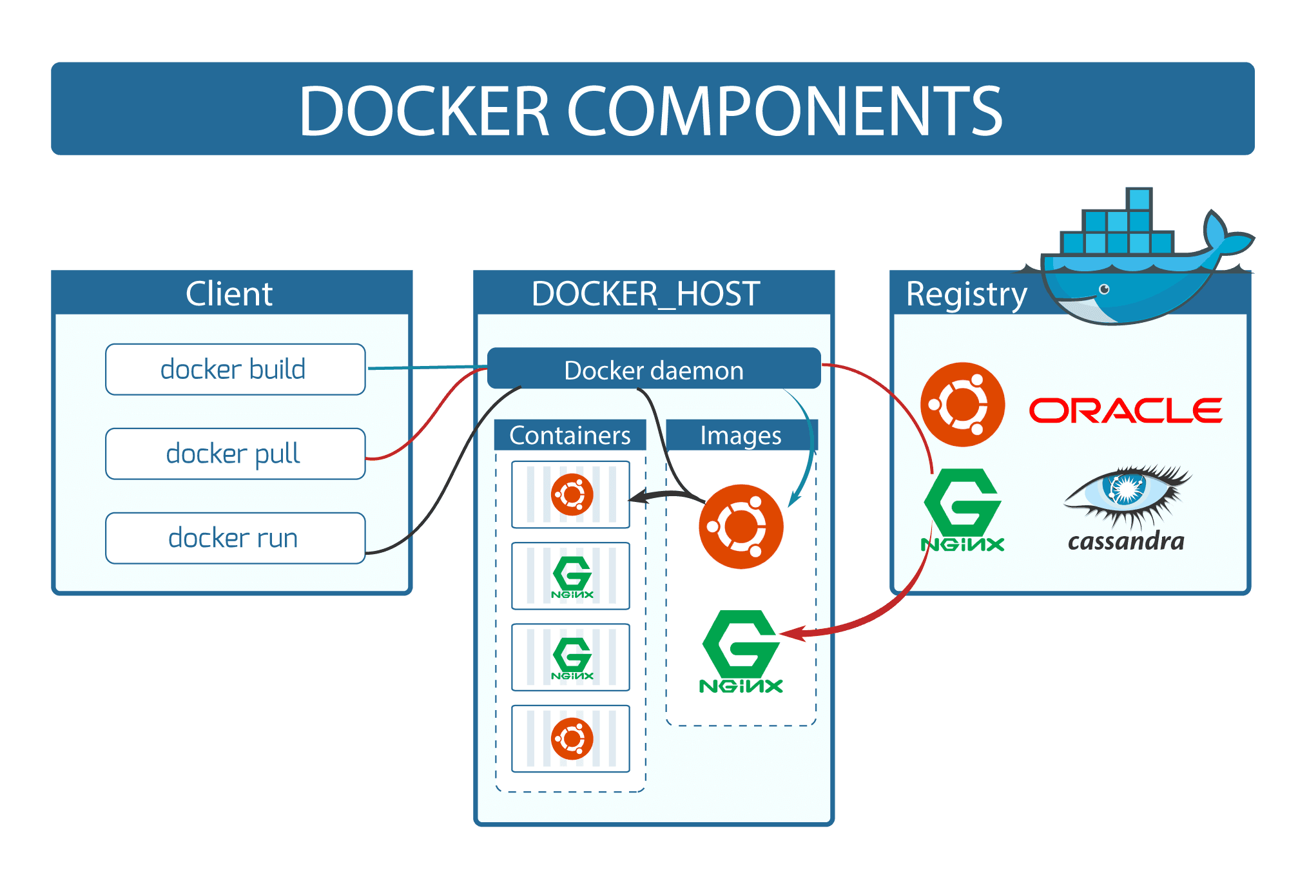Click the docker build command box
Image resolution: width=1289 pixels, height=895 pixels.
pyautogui.click(x=235, y=369)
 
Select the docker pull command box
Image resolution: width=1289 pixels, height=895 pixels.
pyautogui.click(x=235, y=454)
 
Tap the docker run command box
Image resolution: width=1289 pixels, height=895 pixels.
pyautogui.click(x=235, y=538)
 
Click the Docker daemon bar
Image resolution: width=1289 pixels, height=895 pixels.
pyautogui.click(x=654, y=369)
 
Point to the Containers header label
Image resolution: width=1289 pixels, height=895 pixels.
pyautogui.click(x=570, y=436)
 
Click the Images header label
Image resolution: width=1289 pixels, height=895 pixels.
pyautogui.click(x=741, y=436)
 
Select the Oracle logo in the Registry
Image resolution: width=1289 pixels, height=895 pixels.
pyautogui.click(x=1125, y=410)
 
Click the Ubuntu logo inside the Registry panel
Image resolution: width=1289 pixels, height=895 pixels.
pyautogui.click(x=962, y=405)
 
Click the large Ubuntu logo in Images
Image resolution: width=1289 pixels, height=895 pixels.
pyautogui.click(x=741, y=526)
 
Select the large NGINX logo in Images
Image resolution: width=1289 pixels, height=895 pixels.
pyautogui.click(x=741, y=651)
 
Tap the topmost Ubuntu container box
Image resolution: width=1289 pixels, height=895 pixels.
pyautogui.click(x=570, y=495)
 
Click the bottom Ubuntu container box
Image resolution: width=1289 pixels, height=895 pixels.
pyautogui.click(x=570, y=738)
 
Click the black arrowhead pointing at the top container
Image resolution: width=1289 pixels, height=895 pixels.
pyautogui.click(x=637, y=497)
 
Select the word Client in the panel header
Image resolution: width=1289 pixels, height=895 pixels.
pyautogui.click(x=229, y=294)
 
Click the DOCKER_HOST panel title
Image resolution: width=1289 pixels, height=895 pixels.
pyautogui.click(x=646, y=294)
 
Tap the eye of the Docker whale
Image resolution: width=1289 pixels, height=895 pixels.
pyautogui.click(x=1104, y=289)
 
